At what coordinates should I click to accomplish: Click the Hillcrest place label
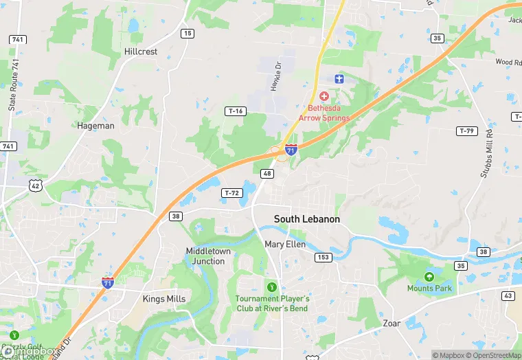coord(141,52)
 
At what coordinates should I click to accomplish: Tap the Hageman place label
coord(96,126)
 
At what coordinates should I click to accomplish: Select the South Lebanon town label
coord(307,219)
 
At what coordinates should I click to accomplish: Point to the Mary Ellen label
coord(284,244)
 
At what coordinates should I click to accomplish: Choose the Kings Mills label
coord(164,299)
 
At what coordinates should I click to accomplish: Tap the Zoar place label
coord(392,323)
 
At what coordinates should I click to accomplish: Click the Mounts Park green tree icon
coord(429,276)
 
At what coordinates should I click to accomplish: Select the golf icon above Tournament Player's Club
coord(272,286)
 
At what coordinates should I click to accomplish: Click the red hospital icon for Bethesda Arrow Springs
coord(324,95)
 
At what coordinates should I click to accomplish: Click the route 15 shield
coord(188,33)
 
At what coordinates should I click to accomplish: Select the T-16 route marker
coord(236,111)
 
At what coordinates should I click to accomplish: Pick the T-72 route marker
coord(231,193)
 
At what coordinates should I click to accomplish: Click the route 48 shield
coord(267,174)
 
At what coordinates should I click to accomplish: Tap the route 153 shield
coord(324,258)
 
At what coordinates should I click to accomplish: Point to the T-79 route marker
coord(466,131)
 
